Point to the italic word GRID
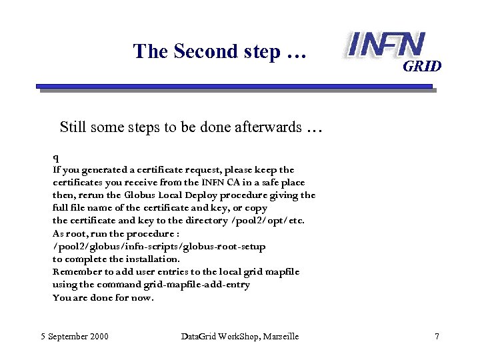pyautogui.click(x=422, y=66)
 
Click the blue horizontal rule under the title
pyautogui.click(x=233, y=86)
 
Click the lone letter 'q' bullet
pyautogui.click(x=56, y=158)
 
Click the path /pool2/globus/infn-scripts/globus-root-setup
pyautogui.click(x=159, y=246)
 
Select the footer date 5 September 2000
pyautogui.click(x=74, y=337)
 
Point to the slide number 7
pyautogui.click(x=437, y=337)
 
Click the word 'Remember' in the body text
pyautogui.click(x=76, y=272)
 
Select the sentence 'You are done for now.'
pyautogui.click(x=103, y=297)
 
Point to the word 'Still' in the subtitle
pyautogui.click(x=73, y=127)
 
